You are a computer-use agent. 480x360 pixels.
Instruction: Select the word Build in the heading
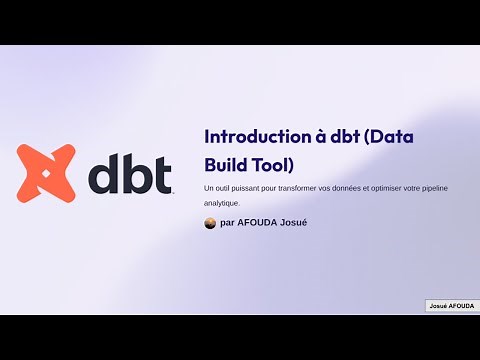click(x=224, y=163)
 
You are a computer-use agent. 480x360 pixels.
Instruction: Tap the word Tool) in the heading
click(x=270, y=163)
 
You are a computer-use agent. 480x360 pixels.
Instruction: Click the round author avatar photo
click(x=210, y=222)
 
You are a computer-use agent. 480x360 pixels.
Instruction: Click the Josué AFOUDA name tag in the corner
click(x=452, y=305)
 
